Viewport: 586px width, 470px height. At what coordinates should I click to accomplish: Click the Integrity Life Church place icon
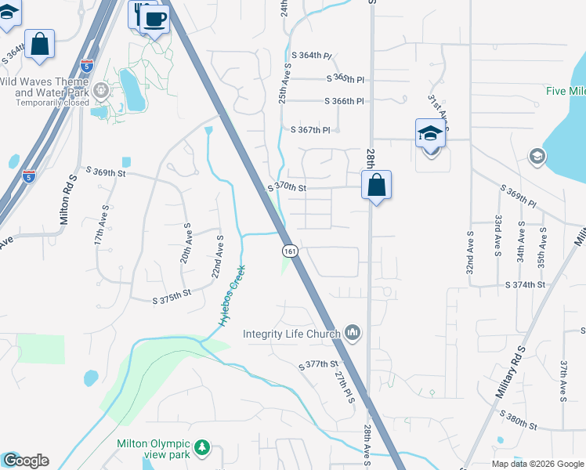[x=353, y=334]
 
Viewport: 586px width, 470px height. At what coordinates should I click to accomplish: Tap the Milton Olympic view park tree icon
[x=203, y=447]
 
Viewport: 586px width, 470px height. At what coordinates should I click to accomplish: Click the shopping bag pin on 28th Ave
[x=376, y=186]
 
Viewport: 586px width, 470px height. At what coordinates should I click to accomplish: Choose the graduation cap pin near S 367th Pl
[x=430, y=133]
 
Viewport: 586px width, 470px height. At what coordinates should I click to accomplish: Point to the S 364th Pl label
[x=312, y=56]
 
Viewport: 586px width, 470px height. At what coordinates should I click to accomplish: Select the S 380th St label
[x=520, y=426]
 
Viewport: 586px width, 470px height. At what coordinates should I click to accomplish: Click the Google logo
[x=26, y=461]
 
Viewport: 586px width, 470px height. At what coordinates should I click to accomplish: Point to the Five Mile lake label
[x=566, y=90]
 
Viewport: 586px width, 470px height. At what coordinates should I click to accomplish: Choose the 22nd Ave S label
[x=217, y=258]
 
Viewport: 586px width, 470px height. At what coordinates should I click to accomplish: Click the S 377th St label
[x=319, y=365]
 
